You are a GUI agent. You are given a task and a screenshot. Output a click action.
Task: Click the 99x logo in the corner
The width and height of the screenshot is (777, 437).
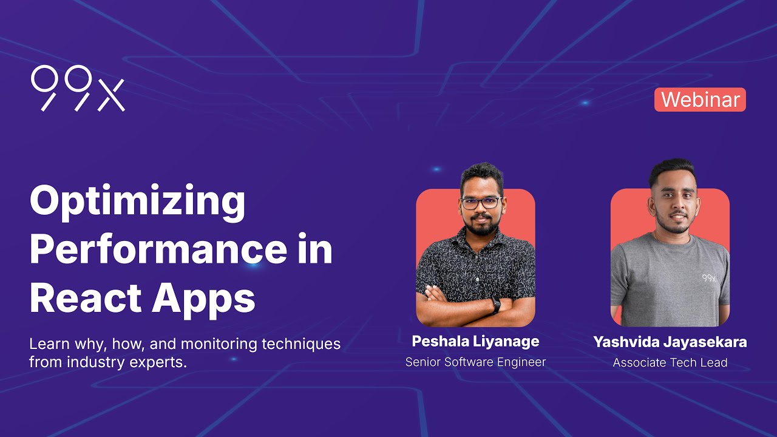78,89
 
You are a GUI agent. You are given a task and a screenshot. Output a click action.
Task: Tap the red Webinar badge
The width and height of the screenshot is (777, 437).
700,100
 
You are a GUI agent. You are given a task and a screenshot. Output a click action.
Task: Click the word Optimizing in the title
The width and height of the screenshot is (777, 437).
137,203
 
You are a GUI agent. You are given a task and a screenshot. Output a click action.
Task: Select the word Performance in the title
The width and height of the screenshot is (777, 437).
156,250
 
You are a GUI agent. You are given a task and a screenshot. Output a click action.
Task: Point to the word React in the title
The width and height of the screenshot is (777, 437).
84,297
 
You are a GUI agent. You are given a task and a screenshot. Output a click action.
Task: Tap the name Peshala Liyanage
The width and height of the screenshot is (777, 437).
475,341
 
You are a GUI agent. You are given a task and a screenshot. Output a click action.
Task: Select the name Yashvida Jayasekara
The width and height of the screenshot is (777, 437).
670,342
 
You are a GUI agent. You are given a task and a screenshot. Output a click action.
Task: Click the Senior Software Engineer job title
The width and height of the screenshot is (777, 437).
475,362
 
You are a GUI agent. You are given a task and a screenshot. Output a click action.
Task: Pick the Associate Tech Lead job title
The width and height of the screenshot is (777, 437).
670,363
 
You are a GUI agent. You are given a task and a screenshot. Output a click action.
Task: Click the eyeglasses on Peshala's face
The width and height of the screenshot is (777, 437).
481,203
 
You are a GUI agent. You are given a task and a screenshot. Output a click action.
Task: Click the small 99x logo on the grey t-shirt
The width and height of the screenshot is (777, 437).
709,278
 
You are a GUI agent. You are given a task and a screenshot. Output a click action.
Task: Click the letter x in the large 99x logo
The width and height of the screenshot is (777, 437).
111,96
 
